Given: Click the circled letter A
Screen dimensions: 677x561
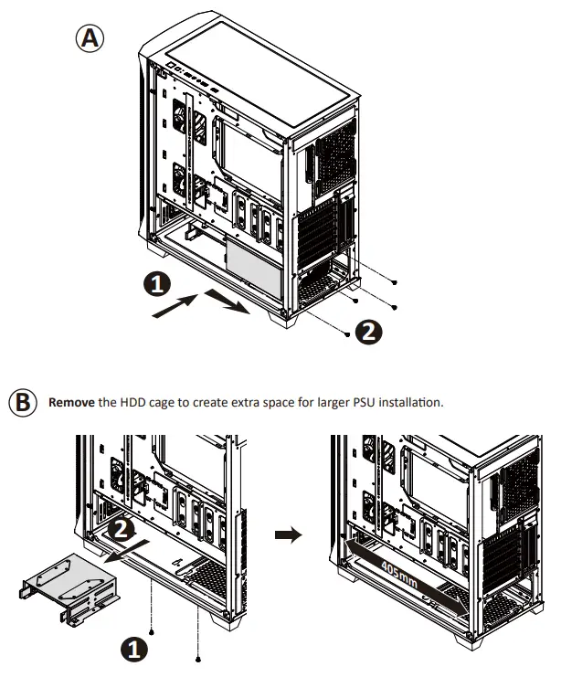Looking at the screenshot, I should tap(90, 39).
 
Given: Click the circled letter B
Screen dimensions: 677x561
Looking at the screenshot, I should tap(21, 402).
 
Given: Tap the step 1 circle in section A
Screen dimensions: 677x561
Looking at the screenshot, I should tap(157, 285).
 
